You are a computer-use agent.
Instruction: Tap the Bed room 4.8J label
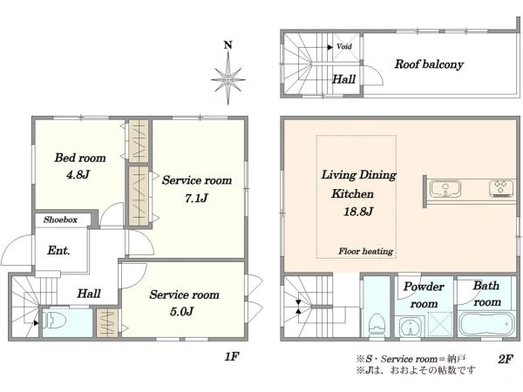[79, 166]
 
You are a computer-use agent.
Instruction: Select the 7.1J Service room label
[197, 189]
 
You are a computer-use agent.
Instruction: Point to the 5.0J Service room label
[184, 302]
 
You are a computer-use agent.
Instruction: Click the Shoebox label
[60, 220]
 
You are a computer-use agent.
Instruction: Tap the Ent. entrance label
[58, 250]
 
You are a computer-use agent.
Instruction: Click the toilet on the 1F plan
[54, 321]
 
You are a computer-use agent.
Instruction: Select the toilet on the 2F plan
[377, 324]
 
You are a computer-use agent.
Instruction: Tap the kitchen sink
[445, 189]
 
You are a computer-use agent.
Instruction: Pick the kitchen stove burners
[501, 188]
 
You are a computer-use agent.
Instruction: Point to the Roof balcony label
[429, 64]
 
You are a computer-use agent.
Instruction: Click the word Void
[344, 46]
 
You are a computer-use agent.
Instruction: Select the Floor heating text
[365, 251]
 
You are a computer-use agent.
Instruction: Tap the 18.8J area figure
[358, 212]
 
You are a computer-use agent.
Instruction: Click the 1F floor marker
[232, 356]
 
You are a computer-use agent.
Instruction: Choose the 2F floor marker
[506, 359]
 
